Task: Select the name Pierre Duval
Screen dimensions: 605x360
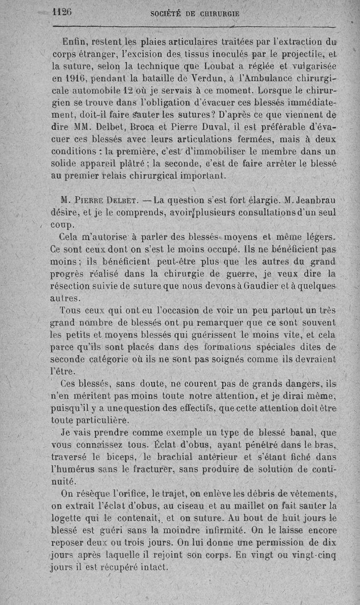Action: [x=213, y=126]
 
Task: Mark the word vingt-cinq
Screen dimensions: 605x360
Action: [x=315, y=554]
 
